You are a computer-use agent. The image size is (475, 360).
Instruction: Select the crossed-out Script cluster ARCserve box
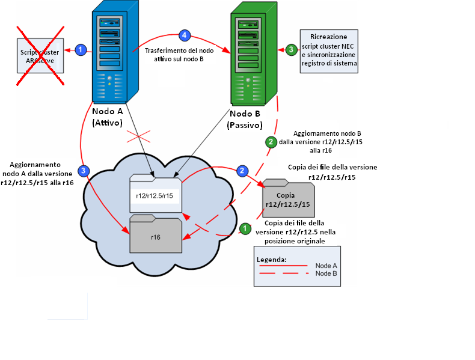click(x=40, y=56)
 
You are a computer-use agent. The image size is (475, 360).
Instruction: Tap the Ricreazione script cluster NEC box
click(x=329, y=51)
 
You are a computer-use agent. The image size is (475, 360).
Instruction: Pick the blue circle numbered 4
click(x=185, y=35)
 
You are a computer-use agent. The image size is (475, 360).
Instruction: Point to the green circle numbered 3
click(x=291, y=49)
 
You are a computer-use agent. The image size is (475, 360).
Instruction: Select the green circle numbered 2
click(x=271, y=142)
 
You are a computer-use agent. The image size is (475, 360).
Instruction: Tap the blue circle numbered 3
click(x=85, y=171)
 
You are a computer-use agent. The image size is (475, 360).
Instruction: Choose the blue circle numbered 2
click(x=242, y=171)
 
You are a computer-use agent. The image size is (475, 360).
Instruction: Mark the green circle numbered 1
click(x=245, y=228)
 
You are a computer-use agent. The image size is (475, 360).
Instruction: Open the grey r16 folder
click(x=156, y=235)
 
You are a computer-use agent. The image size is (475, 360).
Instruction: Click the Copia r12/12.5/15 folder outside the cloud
click(x=288, y=198)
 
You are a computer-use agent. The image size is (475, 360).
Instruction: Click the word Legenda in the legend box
click(x=272, y=260)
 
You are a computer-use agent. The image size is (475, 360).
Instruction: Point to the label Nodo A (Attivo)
click(x=108, y=118)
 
